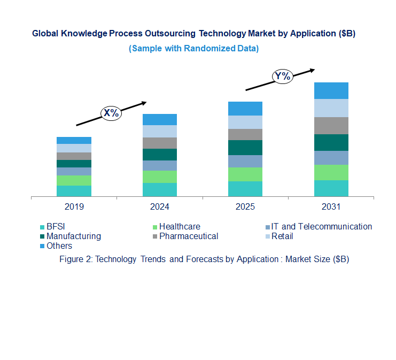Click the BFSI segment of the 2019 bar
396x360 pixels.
[x=74, y=191]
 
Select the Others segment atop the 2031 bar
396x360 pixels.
[x=331, y=90]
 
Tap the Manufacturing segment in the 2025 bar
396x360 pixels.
[x=245, y=148]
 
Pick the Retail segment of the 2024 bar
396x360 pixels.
[x=160, y=131]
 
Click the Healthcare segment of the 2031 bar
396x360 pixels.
[x=331, y=172]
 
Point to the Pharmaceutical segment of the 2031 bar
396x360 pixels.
[x=331, y=126]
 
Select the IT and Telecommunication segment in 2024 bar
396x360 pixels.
[x=160, y=165]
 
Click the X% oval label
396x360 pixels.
[x=111, y=113]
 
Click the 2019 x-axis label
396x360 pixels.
[x=74, y=206]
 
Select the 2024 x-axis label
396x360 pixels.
[x=160, y=206]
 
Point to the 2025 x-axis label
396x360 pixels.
[x=245, y=206]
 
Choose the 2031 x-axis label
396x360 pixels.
[x=331, y=206]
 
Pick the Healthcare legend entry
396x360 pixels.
[x=179, y=226]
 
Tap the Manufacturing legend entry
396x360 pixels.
[x=73, y=236]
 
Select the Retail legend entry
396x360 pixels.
[x=282, y=236]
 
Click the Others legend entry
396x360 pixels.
[x=59, y=246]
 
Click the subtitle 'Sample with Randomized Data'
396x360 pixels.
[x=193, y=48]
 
